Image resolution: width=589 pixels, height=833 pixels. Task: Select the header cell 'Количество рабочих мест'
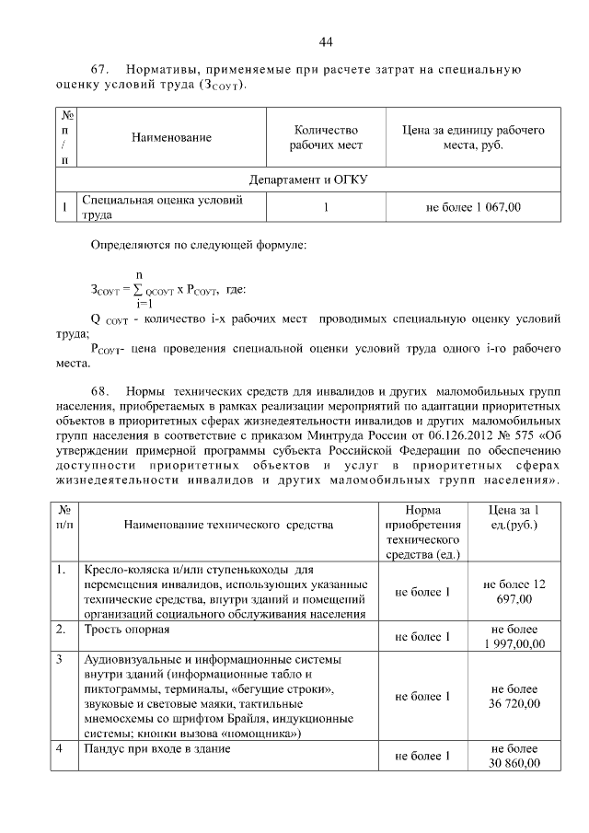(x=326, y=137)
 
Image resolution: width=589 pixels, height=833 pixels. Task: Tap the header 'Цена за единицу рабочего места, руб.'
(x=472, y=137)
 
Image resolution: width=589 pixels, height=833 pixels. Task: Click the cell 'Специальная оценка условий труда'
(x=162, y=208)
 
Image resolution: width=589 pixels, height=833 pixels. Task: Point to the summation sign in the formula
(x=138, y=289)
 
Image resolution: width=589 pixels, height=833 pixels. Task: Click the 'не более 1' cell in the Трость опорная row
(x=422, y=636)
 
